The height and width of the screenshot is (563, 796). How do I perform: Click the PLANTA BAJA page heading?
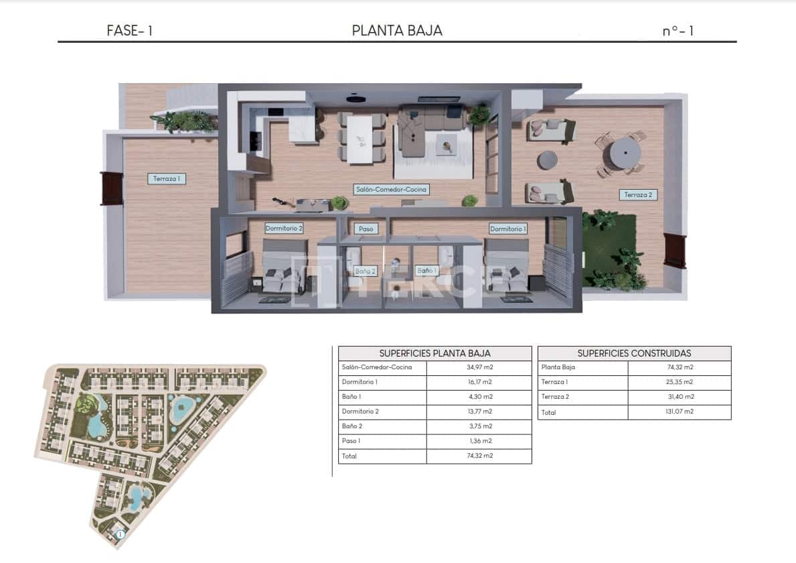point(397,30)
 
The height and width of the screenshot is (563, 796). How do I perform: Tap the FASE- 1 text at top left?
point(130,31)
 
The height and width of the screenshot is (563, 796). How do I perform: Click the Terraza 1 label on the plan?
point(167,179)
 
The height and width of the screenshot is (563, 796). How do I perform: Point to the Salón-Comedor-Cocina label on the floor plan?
point(391,190)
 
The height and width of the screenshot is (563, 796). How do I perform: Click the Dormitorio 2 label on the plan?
point(284,229)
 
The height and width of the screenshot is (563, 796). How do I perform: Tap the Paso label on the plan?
point(366,229)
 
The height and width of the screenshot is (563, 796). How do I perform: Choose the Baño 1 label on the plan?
point(426,270)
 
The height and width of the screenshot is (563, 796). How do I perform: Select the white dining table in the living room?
point(362,139)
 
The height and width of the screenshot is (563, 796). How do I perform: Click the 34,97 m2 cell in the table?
point(479,367)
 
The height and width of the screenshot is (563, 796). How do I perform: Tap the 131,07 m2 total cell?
point(680,412)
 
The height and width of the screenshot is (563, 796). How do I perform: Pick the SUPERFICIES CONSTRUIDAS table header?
point(634,353)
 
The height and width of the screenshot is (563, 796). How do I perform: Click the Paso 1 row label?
point(352,441)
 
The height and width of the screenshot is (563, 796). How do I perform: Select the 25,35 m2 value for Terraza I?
point(680,382)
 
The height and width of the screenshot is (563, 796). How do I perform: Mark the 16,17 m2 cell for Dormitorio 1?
point(479,382)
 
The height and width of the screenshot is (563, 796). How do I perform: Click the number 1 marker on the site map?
point(120,534)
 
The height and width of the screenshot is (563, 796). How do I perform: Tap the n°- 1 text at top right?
point(678,31)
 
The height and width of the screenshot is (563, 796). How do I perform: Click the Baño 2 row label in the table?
point(351,426)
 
